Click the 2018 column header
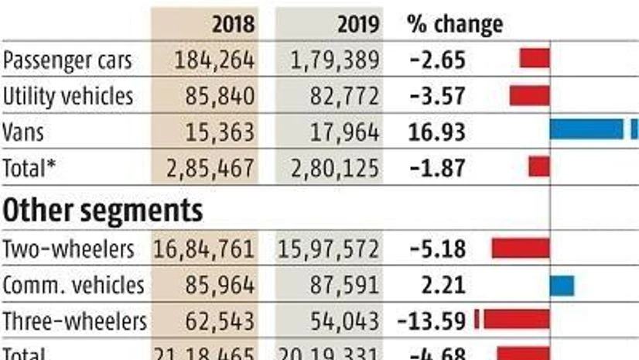233,24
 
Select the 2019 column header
358,24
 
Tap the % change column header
454,24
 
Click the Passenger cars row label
67,59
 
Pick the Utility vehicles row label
68,96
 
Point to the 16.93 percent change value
436,132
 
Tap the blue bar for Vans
586,129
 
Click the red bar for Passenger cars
535,58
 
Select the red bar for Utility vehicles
529,95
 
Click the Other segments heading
104,209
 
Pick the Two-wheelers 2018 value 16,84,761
204,249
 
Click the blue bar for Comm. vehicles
562,286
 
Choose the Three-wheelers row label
74,321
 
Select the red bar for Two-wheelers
521,248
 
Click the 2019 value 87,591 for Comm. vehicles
347,285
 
